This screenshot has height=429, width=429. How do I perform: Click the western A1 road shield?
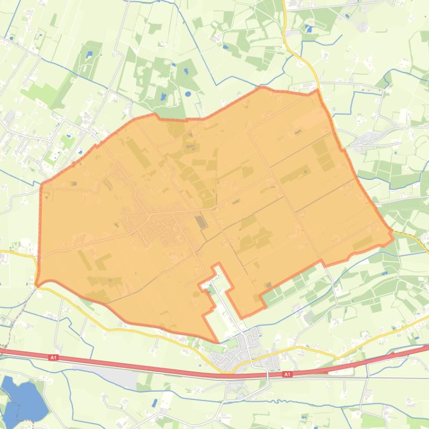point(53,358)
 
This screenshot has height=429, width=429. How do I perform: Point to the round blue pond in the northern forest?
point(187,93)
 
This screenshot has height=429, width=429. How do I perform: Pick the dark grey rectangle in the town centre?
point(200,222)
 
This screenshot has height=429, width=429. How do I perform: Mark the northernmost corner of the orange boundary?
point(262,87)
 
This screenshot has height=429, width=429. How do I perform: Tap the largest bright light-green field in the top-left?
point(42,92)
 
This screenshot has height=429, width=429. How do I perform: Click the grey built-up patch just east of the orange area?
point(370,137)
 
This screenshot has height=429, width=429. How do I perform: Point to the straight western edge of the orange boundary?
point(40,234)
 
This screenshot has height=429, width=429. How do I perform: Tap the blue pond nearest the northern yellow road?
point(308,28)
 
